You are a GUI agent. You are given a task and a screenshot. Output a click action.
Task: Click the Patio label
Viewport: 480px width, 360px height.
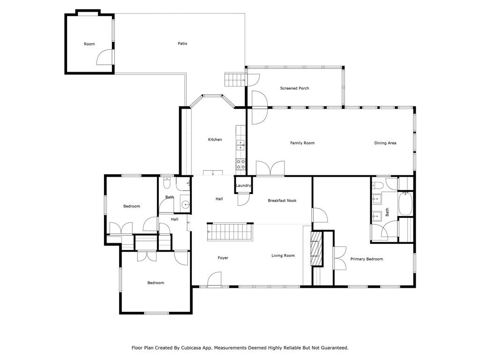[x=182, y=44]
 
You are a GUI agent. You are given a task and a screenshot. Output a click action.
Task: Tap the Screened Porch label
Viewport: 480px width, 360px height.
[x=294, y=88]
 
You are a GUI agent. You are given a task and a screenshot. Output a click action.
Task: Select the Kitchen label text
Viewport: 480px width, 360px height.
[x=215, y=139]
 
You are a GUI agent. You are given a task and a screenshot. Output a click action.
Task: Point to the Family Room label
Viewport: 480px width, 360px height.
[x=302, y=143]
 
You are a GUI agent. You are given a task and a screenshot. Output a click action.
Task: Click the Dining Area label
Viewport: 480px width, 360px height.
[x=385, y=143]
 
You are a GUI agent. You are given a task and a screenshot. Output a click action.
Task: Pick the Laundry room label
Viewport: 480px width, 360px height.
[x=243, y=185]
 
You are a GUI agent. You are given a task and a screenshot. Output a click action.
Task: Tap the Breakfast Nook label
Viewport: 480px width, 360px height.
[x=282, y=201]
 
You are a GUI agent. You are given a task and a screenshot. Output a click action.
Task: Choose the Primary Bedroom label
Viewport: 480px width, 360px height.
[x=367, y=259]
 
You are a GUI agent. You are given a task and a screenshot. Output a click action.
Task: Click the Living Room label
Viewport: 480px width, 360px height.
[x=283, y=255]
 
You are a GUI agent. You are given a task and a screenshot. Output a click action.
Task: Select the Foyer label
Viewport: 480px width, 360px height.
[x=223, y=258]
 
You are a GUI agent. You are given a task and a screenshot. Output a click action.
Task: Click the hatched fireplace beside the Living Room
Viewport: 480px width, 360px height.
[x=316, y=248]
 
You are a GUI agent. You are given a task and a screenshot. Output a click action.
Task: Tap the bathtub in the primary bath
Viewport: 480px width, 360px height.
[x=405, y=203]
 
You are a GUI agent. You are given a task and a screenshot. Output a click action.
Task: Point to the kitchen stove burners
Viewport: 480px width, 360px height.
[x=240, y=165]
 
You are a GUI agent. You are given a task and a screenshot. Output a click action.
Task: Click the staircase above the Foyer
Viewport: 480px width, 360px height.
[x=230, y=232]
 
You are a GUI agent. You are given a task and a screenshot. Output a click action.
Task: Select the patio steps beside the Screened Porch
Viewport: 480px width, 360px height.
[x=235, y=80]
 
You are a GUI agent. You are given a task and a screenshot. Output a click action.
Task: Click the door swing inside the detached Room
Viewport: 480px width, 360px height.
[x=105, y=57]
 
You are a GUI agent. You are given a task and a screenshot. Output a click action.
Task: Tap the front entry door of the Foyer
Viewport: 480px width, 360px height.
[x=214, y=279]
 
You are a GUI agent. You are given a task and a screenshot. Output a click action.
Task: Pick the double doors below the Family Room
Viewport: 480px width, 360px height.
[x=270, y=168]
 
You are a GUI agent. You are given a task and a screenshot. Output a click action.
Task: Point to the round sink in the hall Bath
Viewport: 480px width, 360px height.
[x=185, y=204]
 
